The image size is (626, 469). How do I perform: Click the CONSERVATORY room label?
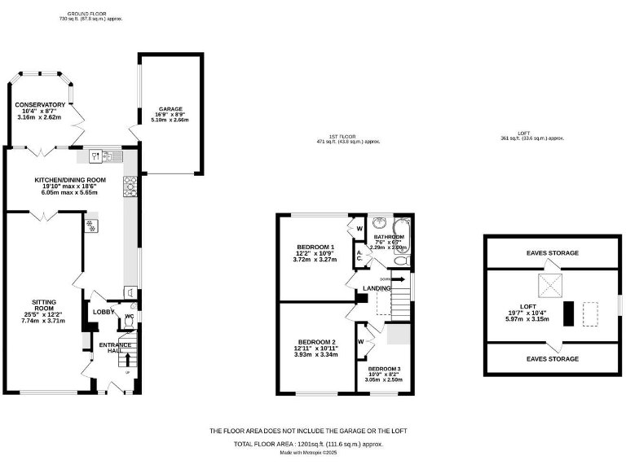click(40, 105)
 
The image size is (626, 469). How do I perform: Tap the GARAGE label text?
click(170, 107)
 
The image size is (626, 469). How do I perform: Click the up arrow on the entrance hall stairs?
click(127, 361)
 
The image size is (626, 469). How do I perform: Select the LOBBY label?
click(103, 312)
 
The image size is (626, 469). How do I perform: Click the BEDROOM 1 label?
click(315, 247)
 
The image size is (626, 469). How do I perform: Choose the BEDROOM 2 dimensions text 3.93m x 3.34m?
click(317, 355)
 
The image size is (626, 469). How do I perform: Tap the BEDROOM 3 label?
click(384, 369)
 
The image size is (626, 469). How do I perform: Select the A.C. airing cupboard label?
click(359, 256)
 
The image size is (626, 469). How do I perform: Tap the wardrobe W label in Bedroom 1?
click(359, 229)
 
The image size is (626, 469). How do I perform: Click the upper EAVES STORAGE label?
click(552, 253)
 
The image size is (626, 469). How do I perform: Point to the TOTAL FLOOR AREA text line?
click(308, 444)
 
